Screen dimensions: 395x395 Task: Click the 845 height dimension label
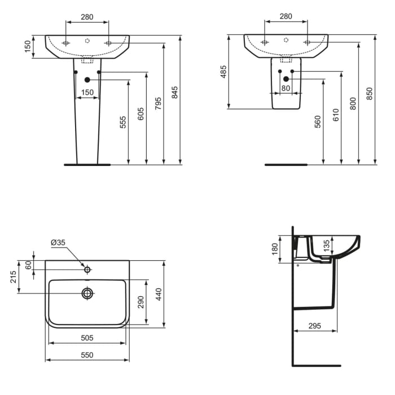coord(175,93)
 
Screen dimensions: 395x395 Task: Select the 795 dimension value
coord(158,103)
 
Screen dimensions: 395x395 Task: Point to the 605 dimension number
coord(141,115)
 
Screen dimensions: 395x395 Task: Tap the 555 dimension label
coord(124,122)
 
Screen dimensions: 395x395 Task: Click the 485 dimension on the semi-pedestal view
coord(223,72)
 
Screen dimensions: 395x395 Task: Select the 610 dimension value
coord(336,115)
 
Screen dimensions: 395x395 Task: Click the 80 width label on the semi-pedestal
coord(286,88)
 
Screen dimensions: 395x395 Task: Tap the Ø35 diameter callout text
coord(58,243)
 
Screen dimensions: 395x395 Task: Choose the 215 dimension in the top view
coord(13,277)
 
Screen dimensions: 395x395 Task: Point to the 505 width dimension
coord(87,338)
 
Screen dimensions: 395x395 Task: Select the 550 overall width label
coord(87,355)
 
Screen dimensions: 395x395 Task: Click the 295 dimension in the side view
coord(315,326)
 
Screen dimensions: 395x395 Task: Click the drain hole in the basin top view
coord(87,293)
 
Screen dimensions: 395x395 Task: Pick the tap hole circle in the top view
coord(87,270)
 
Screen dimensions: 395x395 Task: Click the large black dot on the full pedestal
coord(87,80)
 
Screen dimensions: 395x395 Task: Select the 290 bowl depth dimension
coord(141,302)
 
